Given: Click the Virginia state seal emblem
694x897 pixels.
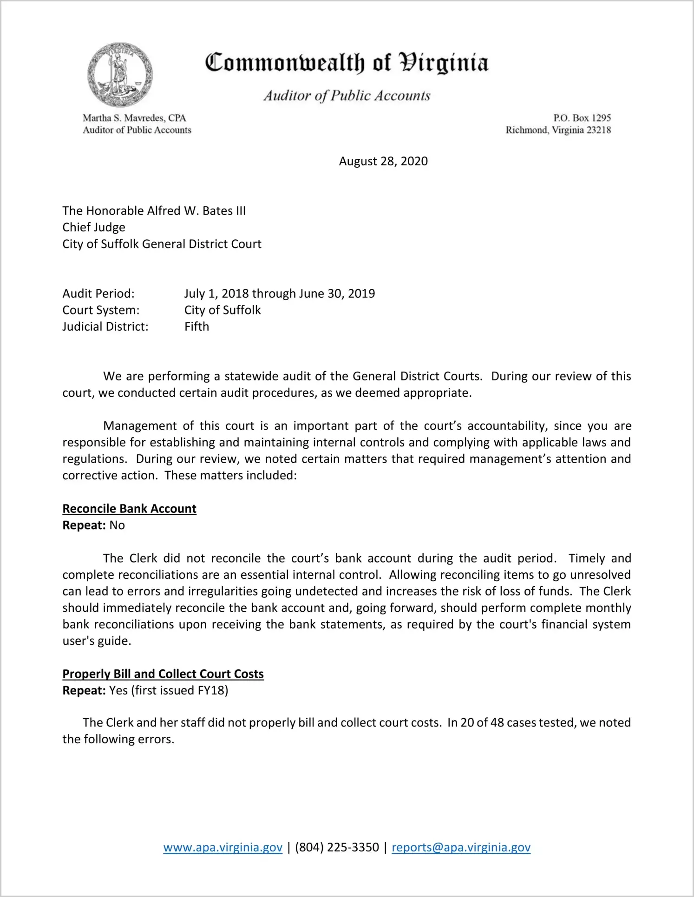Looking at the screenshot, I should (120, 75).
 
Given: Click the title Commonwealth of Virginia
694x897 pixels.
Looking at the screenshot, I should (347, 63).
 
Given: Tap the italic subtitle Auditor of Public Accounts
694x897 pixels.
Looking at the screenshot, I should (347, 96).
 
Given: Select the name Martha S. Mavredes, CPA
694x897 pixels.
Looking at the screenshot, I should (134, 118).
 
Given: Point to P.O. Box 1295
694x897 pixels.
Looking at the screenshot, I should (582, 118).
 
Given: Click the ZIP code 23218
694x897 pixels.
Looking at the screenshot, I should (599, 130).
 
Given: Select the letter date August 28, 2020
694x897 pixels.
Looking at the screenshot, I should (383, 161).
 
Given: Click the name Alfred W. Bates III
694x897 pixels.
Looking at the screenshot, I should (196, 211).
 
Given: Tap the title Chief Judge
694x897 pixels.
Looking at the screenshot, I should (94, 228).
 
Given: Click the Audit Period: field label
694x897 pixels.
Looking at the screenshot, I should (98, 294).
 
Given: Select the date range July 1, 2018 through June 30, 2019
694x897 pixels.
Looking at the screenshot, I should (280, 294).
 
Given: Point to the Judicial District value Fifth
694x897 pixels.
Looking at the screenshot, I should (196, 327).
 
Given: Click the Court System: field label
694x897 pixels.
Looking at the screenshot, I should (101, 310).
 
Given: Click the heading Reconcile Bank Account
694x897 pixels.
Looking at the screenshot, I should (130, 509).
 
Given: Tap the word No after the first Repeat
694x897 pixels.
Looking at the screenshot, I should (117, 525).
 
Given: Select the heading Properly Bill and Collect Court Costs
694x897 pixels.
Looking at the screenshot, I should (163, 674).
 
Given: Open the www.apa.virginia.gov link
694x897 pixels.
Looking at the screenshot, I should (223, 847).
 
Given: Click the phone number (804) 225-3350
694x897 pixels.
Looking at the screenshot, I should (337, 847).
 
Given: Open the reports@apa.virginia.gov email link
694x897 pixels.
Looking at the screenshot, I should (461, 847).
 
